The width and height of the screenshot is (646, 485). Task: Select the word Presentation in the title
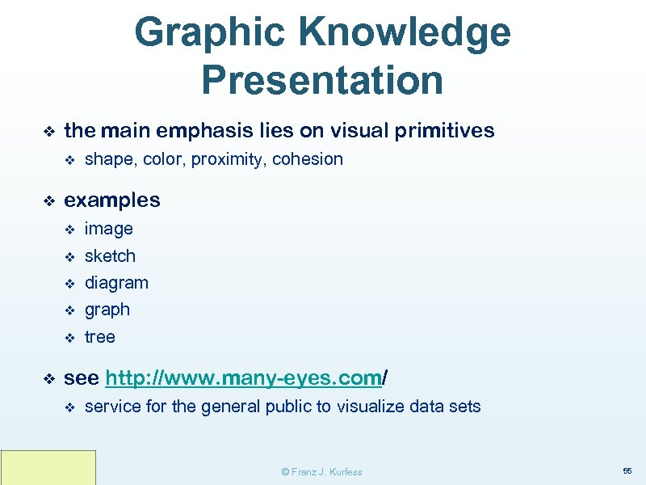(322, 80)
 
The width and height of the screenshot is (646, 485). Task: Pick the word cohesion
(308, 159)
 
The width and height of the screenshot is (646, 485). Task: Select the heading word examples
(112, 200)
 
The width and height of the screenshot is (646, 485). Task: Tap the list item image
(109, 229)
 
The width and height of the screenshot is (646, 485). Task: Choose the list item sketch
(111, 256)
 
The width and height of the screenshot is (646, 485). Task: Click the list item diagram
(117, 283)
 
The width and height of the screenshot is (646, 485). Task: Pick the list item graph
(107, 310)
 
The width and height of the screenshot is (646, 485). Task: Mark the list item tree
(100, 337)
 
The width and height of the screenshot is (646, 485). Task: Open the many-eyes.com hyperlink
(242, 377)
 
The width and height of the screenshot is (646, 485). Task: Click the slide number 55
(627, 470)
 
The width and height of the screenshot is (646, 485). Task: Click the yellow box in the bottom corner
(48, 467)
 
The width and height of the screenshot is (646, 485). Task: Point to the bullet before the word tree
(69, 337)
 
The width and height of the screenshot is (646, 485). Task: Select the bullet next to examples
(48, 200)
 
